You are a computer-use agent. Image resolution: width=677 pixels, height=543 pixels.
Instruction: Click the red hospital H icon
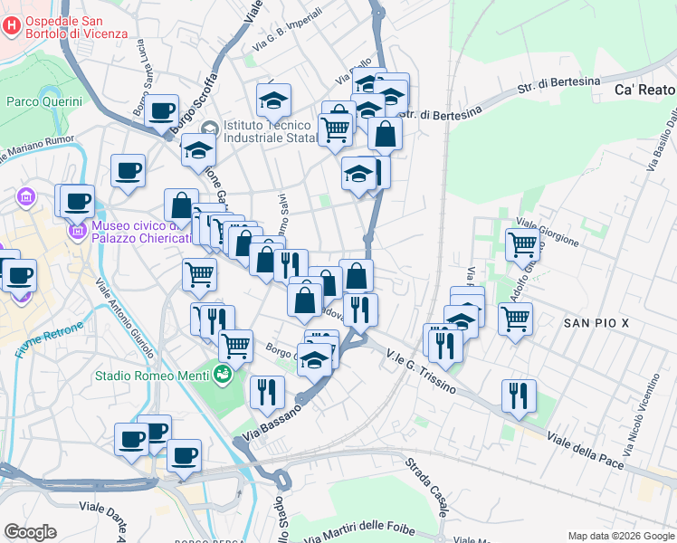[x=11, y=26]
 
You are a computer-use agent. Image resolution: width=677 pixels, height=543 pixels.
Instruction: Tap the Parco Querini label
[x=44, y=101]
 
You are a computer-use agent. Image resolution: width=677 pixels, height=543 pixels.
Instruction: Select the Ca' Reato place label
[x=644, y=90]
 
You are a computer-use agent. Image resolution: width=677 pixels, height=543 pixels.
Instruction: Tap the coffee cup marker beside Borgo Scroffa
[x=162, y=112]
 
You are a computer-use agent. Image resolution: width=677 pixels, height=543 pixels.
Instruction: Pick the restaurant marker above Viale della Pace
[x=520, y=396]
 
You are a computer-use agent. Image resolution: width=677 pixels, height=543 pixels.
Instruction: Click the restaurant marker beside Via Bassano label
[x=267, y=393]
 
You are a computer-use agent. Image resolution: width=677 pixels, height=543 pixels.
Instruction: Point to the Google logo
[x=30, y=532]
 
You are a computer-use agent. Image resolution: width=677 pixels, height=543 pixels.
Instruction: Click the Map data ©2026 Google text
[x=620, y=536]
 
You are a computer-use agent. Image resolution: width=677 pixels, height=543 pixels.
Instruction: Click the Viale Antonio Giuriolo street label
[x=126, y=316]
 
